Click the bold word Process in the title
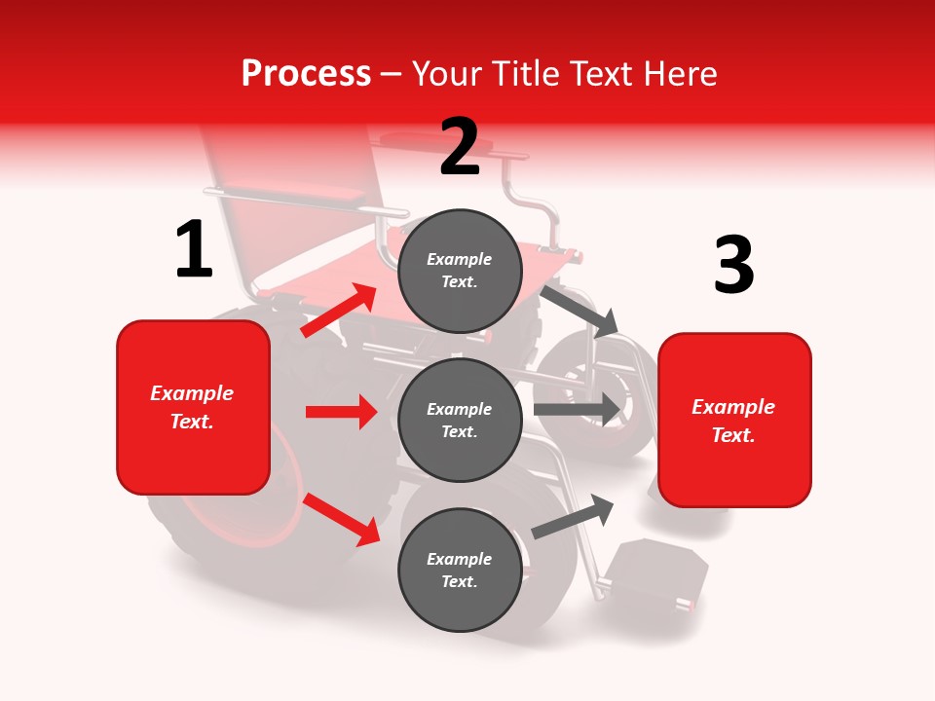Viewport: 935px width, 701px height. pos(306,73)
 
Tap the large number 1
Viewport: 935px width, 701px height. pos(194,250)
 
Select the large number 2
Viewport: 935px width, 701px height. pos(460,147)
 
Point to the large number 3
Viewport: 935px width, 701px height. pos(734,265)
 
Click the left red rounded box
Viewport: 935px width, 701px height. pos(193,407)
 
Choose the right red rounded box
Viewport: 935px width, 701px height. pos(734,421)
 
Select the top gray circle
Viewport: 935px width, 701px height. pos(460,271)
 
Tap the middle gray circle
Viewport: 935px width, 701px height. pos(460,420)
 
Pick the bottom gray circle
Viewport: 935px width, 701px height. pos(460,570)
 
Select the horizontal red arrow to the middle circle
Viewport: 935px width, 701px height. pos(341,412)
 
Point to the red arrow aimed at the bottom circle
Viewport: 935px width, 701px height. pos(342,519)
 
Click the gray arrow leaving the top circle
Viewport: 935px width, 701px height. pos(580,311)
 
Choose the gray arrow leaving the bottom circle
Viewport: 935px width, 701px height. pos(574,516)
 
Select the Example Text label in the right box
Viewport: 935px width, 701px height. pos(733,421)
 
